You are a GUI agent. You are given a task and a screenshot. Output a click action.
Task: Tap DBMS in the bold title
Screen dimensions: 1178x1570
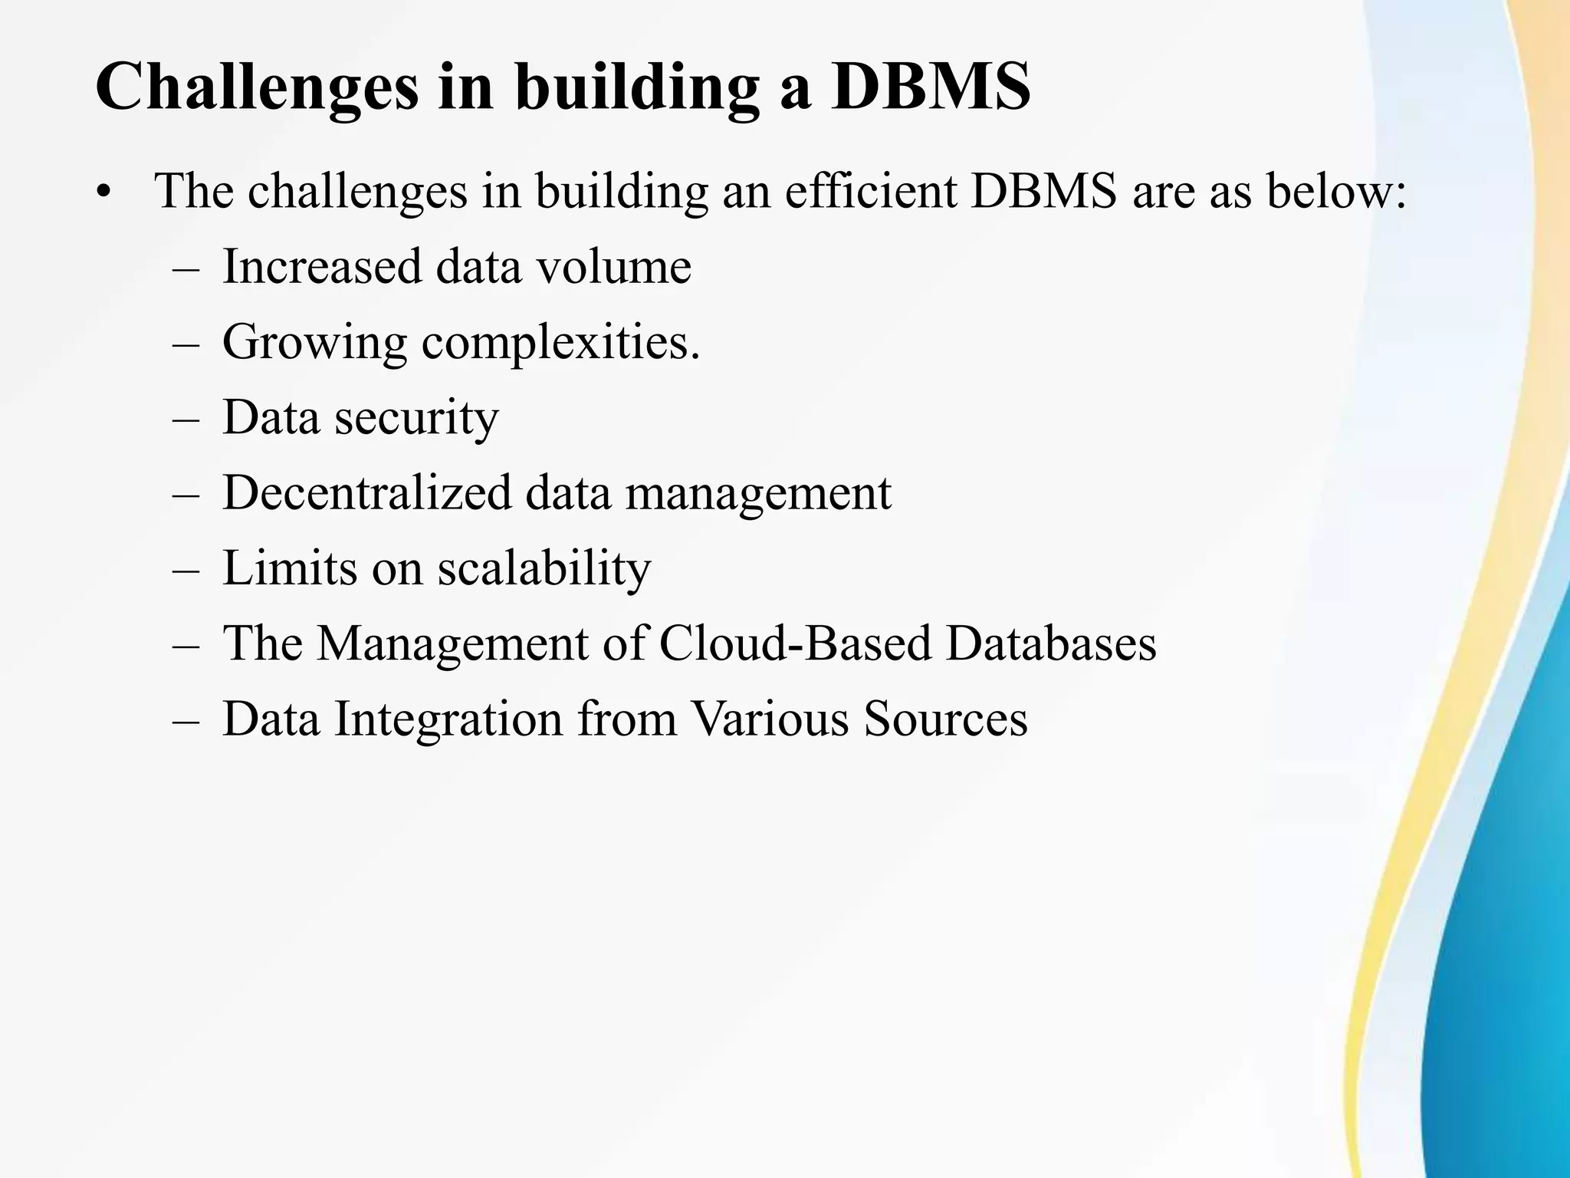(x=931, y=86)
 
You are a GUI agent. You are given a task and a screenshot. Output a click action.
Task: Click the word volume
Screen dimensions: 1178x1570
(x=613, y=266)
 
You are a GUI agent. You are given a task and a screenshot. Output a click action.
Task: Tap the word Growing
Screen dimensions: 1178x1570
(x=314, y=342)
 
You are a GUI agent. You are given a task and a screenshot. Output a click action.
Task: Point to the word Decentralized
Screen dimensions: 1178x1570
(x=366, y=492)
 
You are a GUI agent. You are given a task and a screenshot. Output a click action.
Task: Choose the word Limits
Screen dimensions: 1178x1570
(x=290, y=568)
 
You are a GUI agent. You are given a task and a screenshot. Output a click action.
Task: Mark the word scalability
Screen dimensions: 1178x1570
(x=544, y=568)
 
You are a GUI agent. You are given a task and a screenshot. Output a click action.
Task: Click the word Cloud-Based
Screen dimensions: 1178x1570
(x=794, y=643)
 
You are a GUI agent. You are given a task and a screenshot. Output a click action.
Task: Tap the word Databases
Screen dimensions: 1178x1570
(x=1051, y=643)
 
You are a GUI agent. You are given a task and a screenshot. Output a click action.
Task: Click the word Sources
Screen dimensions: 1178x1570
(x=945, y=719)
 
